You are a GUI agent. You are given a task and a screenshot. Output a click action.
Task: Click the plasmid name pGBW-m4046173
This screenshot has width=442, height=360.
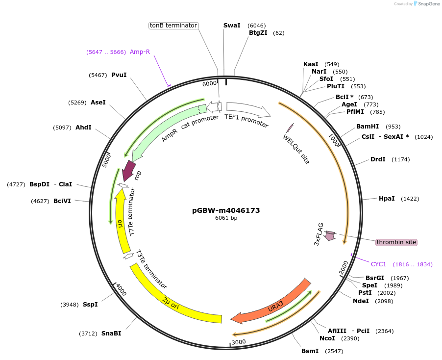(226, 210)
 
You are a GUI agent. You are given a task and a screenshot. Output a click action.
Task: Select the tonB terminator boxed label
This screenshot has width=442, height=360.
(173, 26)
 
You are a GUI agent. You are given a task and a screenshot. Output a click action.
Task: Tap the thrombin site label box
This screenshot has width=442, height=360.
(396, 242)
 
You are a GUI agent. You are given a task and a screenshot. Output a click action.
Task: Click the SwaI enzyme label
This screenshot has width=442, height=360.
(232, 26)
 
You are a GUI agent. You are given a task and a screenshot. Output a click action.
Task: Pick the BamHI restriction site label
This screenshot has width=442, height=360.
(368, 127)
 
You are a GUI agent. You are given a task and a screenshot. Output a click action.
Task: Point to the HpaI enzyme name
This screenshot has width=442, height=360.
(387, 199)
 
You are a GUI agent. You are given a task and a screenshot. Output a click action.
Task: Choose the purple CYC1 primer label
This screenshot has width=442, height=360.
(378, 264)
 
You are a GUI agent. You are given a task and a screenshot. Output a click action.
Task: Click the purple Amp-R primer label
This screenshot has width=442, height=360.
(140, 52)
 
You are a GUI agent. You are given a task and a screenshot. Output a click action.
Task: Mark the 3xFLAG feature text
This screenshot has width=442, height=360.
(319, 234)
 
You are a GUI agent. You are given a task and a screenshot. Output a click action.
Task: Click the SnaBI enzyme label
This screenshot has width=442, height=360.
(111, 334)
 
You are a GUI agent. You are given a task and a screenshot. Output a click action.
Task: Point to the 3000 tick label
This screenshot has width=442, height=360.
(239, 342)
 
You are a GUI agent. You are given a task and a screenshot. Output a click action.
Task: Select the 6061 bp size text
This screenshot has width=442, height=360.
(226, 218)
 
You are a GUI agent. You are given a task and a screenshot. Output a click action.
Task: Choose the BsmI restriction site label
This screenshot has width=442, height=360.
(310, 351)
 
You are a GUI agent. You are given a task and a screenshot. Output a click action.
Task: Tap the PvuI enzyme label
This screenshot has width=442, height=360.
(119, 75)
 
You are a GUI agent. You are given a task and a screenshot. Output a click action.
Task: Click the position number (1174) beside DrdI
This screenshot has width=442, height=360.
(400, 159)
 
